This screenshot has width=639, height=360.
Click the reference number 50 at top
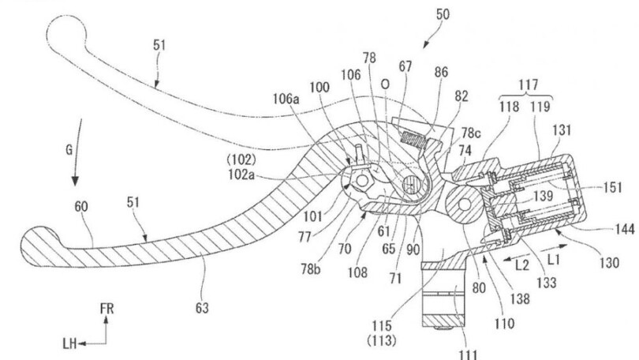click(x=443, y=14)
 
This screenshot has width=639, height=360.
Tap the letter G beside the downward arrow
click(x=69, y=150)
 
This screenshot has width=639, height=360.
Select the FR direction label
click(x=106, y=309)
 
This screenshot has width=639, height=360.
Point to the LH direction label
click(x=70, y=343)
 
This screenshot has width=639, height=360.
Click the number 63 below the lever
click(x=202, y=308)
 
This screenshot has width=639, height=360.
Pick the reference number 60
click(x=81, y=207)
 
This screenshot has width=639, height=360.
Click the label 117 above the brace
click(x=528, y=84)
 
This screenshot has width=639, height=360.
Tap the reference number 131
click(x=562, y=130)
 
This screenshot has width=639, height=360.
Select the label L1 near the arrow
click(x=553, y=259)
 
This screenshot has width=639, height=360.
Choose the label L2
click(x=522, y=265)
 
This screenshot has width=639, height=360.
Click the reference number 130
click(x=609, y=263)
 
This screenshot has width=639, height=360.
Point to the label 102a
click(x=241, y=174)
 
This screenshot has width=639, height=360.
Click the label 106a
click(x=286, y=98)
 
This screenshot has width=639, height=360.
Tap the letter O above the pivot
click(x=385, y=84)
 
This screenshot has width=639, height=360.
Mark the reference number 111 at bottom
click(x=468, y=354)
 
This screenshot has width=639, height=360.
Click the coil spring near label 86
click(x=413, y=139)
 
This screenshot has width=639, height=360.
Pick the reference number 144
click(x=625, y=230)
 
